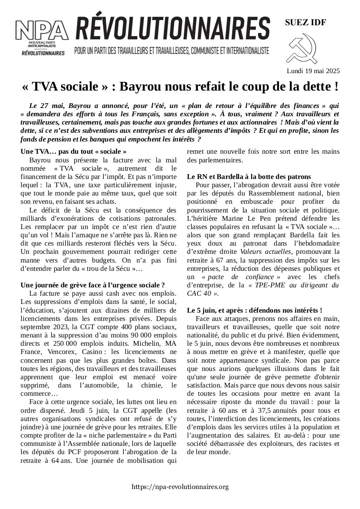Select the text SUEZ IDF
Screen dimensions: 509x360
tap(305, 23)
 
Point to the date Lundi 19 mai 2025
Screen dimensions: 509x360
tap(313, 71)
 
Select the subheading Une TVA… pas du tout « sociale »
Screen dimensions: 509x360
tap(74, 152)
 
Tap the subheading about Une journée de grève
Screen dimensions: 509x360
tap(92, 285)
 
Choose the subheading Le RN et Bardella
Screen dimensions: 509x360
tap(248, 177)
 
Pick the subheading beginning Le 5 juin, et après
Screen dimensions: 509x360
tap(255, 310)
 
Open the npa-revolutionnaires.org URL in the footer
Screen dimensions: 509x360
tap(180, 487)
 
